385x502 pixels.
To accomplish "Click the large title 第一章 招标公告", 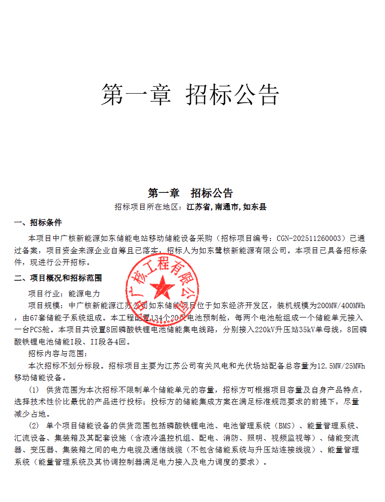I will coord(190,94).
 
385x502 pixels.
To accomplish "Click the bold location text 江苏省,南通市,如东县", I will coord(227,207).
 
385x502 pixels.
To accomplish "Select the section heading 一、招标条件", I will coord(38,223).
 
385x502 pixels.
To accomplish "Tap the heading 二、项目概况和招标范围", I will coord(58,278).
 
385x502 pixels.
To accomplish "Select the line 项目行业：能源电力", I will coord(64,293).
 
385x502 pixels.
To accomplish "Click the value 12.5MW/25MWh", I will coord(341,366).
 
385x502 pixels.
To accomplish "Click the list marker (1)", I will coord(34,390).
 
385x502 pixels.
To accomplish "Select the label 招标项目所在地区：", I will coord(150,207).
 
